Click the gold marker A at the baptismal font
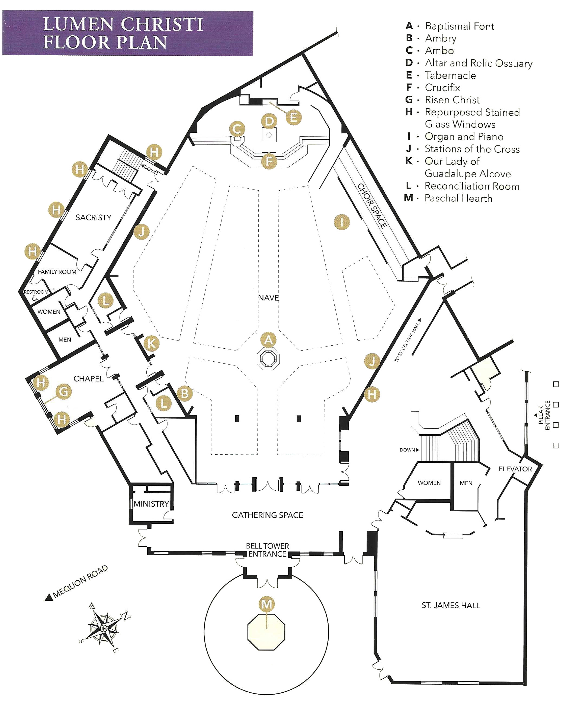click(268, 340)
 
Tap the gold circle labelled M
click(267, 604)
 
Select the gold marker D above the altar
click(269, 121)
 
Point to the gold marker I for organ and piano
click(342, 222)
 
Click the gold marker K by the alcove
click(152, 343)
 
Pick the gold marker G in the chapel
click(63, 391)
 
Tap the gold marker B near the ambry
click(185, 394)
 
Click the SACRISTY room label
click(94, 217)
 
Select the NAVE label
click(268, 298)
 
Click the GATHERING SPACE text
click(267, 515)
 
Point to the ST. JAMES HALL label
click(451, 605)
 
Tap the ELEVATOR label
click(515, 469)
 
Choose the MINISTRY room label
click(151, 504)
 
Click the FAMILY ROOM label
click(57, 272)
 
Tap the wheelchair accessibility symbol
click(35, 298)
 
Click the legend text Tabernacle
click(450, 75)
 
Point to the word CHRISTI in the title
click(162, 24)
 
